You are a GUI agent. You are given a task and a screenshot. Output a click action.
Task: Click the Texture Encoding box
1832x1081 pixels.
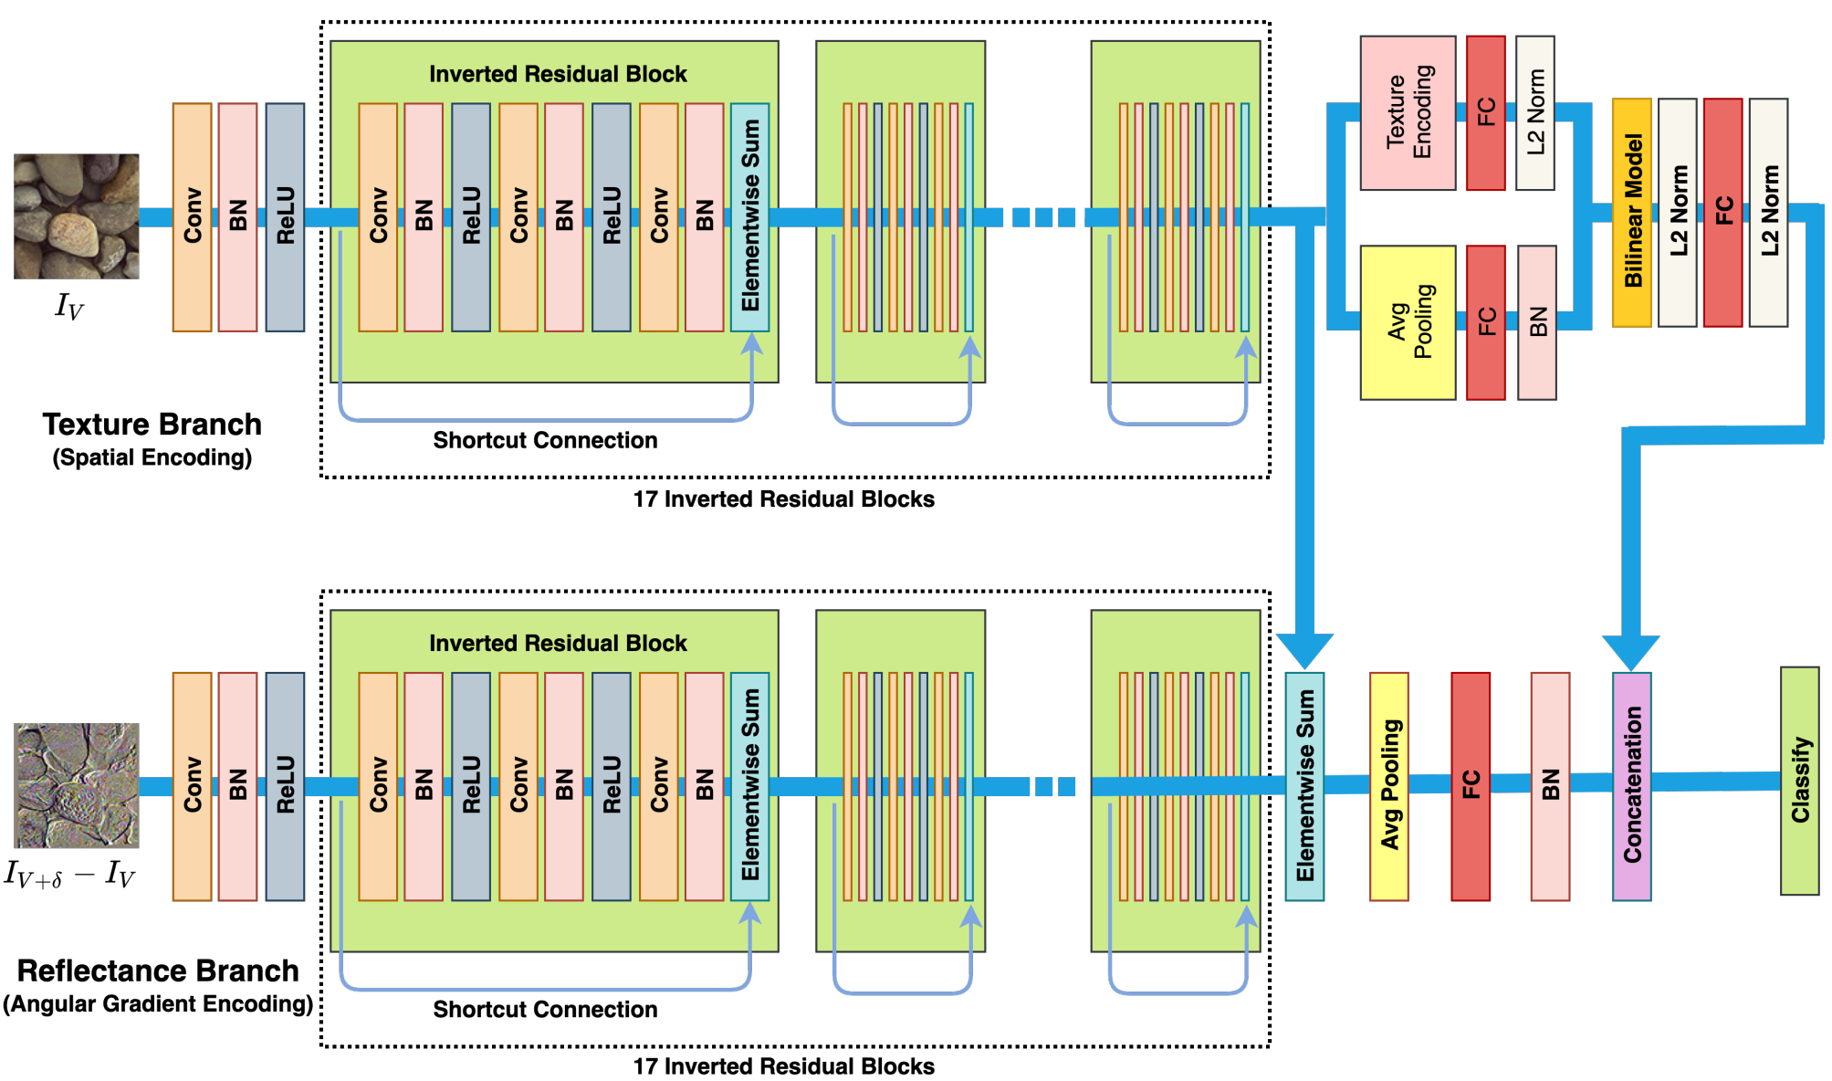coord(1407,113)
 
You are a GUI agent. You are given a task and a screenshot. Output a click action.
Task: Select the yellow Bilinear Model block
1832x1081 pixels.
coord(1631,212)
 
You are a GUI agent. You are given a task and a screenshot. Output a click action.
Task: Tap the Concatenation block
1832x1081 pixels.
coord(1631,786)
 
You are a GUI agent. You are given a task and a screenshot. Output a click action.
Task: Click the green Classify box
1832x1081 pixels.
coord(1799,781)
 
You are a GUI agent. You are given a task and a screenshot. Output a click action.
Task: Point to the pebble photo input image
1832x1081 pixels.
coord(77,216)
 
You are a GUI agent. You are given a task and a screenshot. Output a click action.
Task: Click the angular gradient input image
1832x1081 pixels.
coord(77,785)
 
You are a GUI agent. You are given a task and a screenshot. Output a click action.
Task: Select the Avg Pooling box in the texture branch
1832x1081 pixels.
coord(1407,322)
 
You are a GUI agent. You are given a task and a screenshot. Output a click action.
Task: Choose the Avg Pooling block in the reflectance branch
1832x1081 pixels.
coord(1388,786)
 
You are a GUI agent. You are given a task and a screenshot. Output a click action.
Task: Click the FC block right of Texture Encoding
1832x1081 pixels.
coord(1485,113)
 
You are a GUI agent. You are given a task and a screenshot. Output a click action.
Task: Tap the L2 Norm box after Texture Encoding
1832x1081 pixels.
coord(1534,113)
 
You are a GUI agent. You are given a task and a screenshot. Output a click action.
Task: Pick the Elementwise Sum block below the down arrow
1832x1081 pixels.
coord(1303,786)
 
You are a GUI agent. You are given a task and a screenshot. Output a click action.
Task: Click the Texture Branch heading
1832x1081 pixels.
coord(152,425)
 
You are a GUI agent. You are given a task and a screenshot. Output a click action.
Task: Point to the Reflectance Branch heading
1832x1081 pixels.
coord(158,971)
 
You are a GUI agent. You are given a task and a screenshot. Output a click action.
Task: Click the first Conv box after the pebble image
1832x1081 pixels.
coord(192,216)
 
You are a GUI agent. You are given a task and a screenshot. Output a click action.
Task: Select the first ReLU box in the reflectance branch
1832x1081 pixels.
coord(285,786)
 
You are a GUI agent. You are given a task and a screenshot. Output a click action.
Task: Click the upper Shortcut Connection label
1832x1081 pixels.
coord(545,440)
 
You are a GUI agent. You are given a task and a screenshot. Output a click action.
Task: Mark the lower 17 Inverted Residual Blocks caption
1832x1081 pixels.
coord(783,1066)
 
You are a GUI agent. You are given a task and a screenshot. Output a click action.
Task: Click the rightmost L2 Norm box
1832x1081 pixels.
coord(1768,212)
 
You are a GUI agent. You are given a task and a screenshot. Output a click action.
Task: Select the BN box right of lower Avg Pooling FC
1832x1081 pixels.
coord(1549,786)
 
